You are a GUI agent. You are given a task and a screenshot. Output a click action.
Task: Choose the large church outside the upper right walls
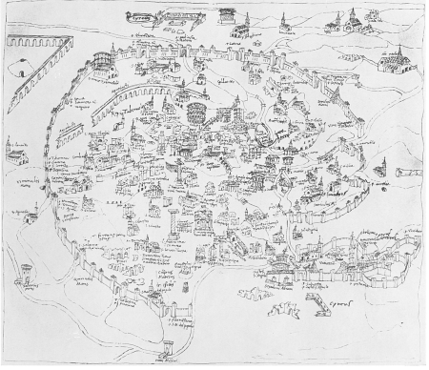pos(395,61)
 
